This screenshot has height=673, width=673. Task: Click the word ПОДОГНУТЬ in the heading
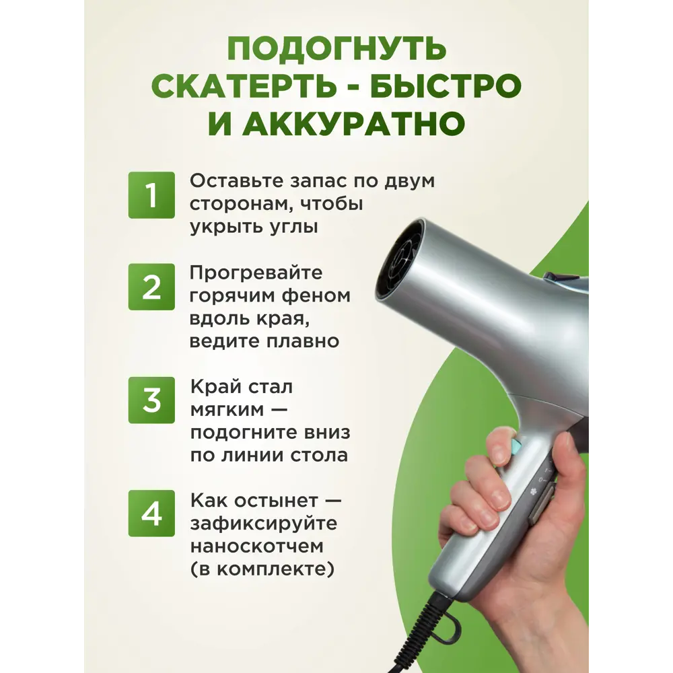coord(336,49)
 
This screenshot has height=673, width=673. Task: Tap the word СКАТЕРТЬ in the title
coord(245,86)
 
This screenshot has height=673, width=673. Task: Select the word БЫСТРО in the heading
coord(446,86)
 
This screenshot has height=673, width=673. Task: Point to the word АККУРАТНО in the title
coord(354,124)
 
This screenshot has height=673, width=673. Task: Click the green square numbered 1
coord(151,195)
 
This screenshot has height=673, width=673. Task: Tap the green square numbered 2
coord(151,287)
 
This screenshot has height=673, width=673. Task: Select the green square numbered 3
coord(151,400)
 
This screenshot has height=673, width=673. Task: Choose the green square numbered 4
coord(151,513)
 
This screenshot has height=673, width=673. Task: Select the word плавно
coord(303,342)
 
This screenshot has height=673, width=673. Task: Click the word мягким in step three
coord(227,411)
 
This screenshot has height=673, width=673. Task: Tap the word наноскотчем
coord(256,546)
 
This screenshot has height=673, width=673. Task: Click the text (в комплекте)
coord(262,569)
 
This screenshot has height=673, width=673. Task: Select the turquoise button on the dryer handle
coord(517,446)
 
